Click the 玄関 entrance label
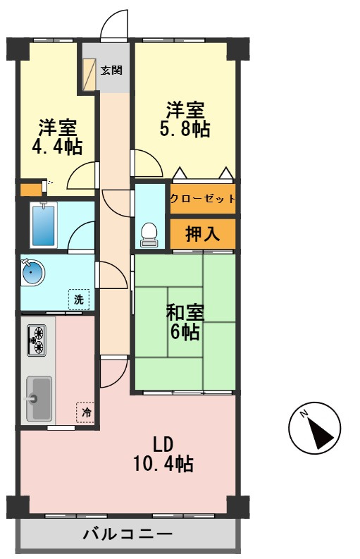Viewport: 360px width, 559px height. (111, 70)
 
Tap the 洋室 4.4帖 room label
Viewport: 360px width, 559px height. (57, 137)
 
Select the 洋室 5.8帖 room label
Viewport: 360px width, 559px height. (185, 119)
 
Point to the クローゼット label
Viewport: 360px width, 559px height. (202, 199)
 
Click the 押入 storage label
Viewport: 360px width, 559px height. (202, 233)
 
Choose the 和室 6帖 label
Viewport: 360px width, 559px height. (185, 322)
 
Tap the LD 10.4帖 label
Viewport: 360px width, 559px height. (163, 454)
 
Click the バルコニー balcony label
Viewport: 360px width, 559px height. (128, 534)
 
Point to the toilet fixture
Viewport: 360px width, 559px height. (149, 235)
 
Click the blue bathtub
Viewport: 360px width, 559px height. (44, 226)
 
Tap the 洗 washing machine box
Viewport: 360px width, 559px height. (79, 299)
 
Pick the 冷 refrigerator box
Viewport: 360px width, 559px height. (85, 412)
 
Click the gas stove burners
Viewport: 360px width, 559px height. (37, 340)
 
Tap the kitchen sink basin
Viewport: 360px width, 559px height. (39, 398)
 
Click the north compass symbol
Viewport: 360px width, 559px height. (314, 428)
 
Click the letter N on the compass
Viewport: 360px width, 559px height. (304, 414)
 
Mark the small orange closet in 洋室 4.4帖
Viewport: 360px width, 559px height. (31, 190)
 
